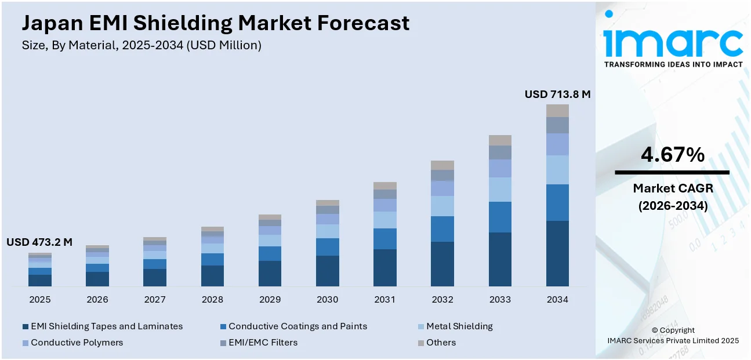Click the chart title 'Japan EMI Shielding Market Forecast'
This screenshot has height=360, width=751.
[216, 23]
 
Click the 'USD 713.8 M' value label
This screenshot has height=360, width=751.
[557, 94]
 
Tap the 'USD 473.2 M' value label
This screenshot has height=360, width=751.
[39, 242]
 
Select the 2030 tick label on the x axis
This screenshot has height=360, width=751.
[327, 300]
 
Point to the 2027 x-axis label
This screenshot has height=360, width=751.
[155, 300]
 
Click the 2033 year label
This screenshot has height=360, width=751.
[500, 300]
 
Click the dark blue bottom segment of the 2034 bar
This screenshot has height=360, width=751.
[557, 253]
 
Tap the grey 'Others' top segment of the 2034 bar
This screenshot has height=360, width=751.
[557, 111]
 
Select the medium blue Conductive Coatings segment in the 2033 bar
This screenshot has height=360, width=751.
[500, 217]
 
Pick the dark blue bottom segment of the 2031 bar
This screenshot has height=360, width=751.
[384, 267]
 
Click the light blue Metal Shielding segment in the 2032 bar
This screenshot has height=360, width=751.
[442, 206]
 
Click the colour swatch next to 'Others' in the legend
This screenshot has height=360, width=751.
[421, 343]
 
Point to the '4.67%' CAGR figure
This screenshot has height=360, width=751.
[673, 154]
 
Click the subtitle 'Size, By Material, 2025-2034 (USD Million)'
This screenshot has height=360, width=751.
[142, 45]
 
